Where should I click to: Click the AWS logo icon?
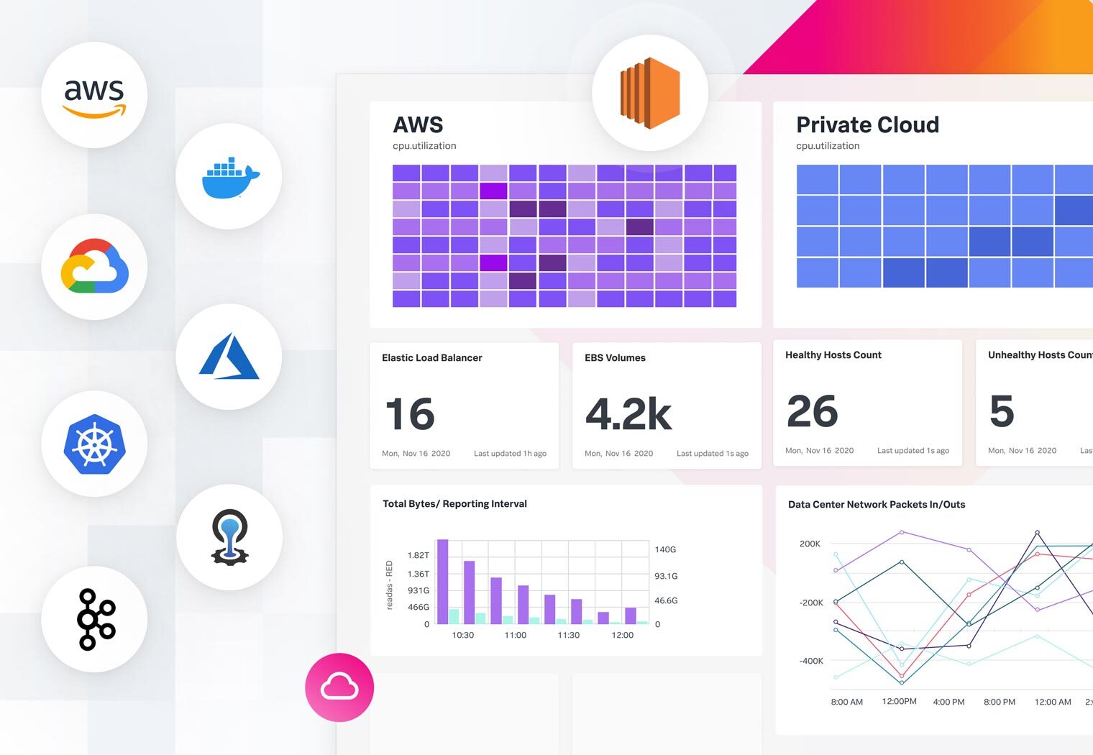click(x=94, y=96)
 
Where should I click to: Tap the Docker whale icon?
click(x=229, y=177)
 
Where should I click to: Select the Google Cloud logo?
click(x=94, y=267)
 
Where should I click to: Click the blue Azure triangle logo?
click(x=229, y=357)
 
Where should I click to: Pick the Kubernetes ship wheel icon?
click(x=94, y=444)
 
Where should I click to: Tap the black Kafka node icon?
click(x=96, y=619)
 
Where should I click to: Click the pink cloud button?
click(x=339, y=687)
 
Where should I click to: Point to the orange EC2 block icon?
click(x=650, y=93)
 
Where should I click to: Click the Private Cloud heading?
click(x=867, y=125)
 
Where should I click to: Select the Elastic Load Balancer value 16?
click(x=410, y=414)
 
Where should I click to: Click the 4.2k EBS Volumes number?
click(x=628, y=414)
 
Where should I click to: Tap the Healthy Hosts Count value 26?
click(x=813, y=411)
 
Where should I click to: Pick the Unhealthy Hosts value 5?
click(x=1002, y=411)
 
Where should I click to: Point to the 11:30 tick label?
click(x=568, y=635)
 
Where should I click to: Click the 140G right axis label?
click(x=665, y=549)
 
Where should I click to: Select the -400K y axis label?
click(x=811, y=661)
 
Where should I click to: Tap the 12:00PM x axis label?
click(x=899, y=701)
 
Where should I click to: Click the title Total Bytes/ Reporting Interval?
click(x=454, y=504)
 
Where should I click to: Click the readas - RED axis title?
click(x=390, y=585)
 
